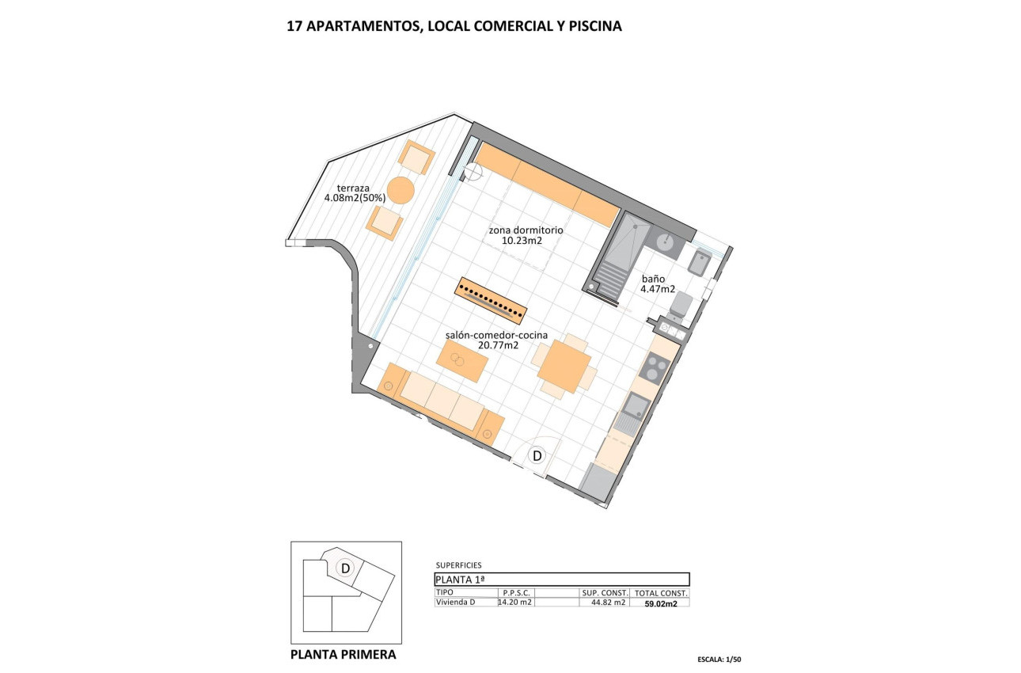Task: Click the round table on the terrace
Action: [x=401, y=190]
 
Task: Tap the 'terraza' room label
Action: [x=353, y=188]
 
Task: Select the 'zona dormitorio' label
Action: [x=526, y=230]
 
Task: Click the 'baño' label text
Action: [x=653, y=279]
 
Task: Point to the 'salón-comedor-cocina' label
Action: [x=497, y=335]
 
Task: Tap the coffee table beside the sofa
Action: [x=462, y=361]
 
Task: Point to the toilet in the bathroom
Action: [x=680, y=306]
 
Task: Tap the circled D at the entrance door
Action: [x=537, y=456]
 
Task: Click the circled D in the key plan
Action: [x=345, y=568]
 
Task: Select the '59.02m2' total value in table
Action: [x=661, y=603]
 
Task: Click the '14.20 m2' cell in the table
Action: [x=514, y=603]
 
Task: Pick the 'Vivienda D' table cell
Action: [x=456, y=603]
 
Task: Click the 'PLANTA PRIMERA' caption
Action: [x=343, y=655]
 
